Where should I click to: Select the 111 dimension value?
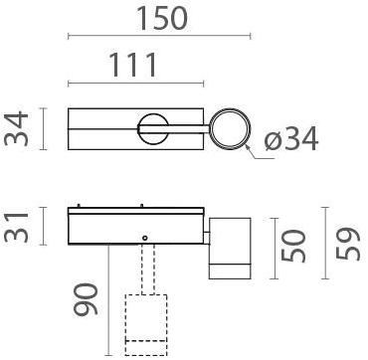pos(130,65)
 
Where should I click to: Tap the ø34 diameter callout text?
pos(292,141)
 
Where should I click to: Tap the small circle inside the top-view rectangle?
pos(152,128)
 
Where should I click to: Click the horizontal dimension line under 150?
pos(158,37)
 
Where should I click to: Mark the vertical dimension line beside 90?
pos(108,298)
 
